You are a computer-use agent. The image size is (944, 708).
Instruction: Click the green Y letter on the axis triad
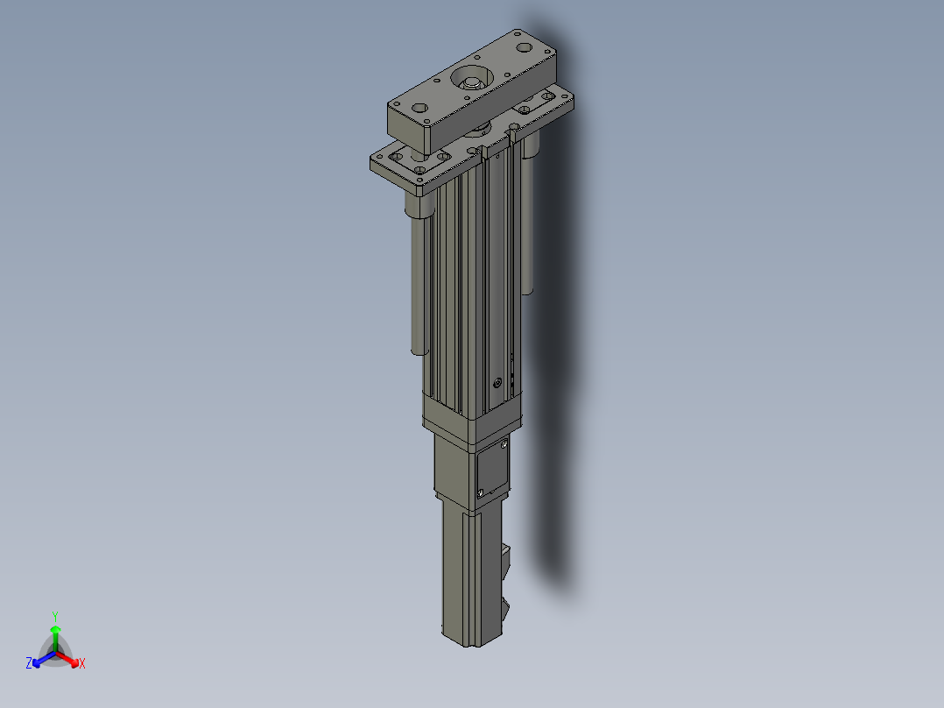[55, 616]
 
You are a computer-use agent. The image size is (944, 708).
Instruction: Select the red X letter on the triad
[82, 663]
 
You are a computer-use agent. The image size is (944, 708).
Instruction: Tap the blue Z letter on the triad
[29, 662]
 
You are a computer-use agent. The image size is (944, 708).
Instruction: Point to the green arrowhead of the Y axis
[55, 629]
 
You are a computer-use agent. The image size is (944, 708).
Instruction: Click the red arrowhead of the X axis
[74, 662]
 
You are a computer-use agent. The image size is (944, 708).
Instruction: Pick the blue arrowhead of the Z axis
[37, 662]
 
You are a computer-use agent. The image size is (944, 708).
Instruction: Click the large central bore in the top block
[472, 78]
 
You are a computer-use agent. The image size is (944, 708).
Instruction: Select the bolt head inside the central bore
[470, 82]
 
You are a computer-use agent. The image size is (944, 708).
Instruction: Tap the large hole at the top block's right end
[525, 47]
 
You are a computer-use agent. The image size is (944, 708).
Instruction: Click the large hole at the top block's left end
[419, 109]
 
